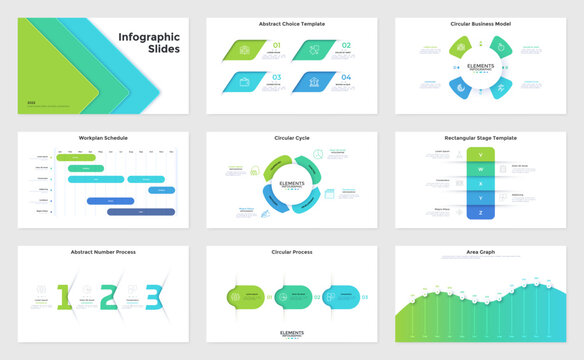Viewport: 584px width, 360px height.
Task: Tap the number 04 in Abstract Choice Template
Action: (345, 77)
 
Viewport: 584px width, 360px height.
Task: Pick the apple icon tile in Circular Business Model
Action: (497, 46)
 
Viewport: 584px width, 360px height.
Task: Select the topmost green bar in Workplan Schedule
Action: (75, 157)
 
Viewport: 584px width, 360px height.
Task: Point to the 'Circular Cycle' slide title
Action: (292, 138)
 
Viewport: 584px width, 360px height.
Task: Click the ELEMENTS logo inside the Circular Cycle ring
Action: (292, 186)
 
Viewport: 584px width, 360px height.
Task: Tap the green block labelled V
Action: (481, 156)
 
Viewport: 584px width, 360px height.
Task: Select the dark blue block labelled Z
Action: (481, 212)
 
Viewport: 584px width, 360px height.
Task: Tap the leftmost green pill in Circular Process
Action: (246, 296)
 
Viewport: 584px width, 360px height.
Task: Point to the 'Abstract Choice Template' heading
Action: (292, 23)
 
